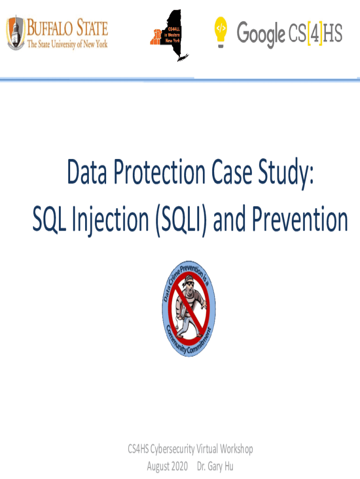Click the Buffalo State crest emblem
[15, 33]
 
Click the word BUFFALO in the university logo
[50, 28]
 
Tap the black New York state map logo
[170, 36]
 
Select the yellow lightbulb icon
[221, 32]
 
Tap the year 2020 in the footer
[180, 466]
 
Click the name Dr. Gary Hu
[215, 467]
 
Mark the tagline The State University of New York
[67, 44]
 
